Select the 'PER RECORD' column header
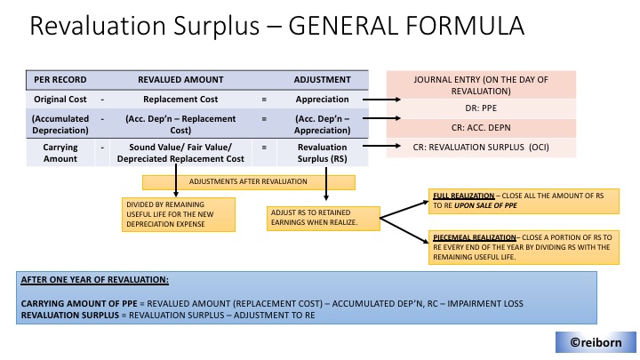[x=55, y=80]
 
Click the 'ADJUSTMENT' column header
[x=322, y=80]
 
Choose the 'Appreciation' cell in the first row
[x=322, y=99]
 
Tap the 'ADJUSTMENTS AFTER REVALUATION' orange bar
[x=249, y=181]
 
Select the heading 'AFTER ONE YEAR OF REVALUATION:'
[x=93, y=280]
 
